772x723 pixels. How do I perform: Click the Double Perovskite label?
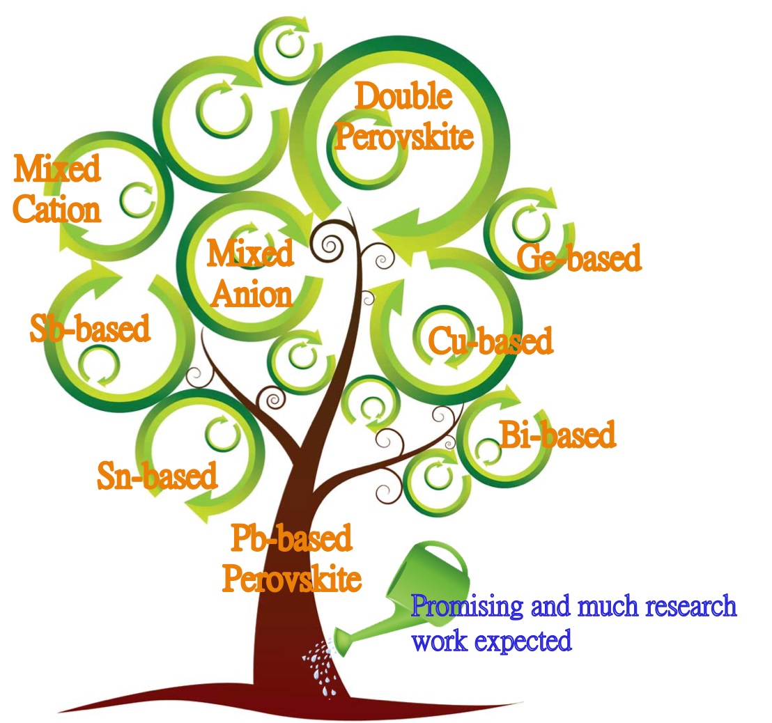pos(403,116)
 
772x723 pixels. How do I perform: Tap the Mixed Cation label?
pos(57,189)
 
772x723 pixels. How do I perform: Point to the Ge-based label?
pos(578,258)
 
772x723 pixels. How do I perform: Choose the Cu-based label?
pos(490,341)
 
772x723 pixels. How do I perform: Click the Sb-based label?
pos(91,327)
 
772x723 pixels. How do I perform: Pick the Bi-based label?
pos(558,435)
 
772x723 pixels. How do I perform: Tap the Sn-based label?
pos(157,476)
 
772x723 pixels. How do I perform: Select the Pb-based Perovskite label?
pos(292,559)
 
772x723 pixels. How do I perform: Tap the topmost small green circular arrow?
pos(286,45)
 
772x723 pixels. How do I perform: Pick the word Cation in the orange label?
pos(57,208)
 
